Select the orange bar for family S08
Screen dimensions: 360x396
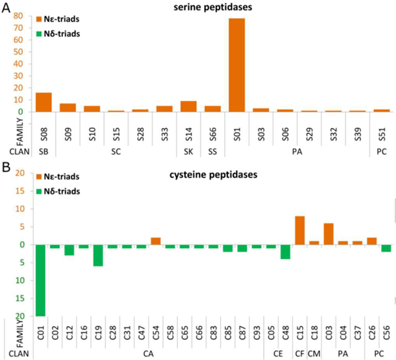[44, 102]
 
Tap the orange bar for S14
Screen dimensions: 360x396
[188, 106]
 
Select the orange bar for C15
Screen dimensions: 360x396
[300, 230]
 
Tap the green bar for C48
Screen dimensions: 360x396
[285, 252]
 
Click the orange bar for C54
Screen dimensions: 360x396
[156, 241]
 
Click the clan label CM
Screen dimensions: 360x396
[315, 354]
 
